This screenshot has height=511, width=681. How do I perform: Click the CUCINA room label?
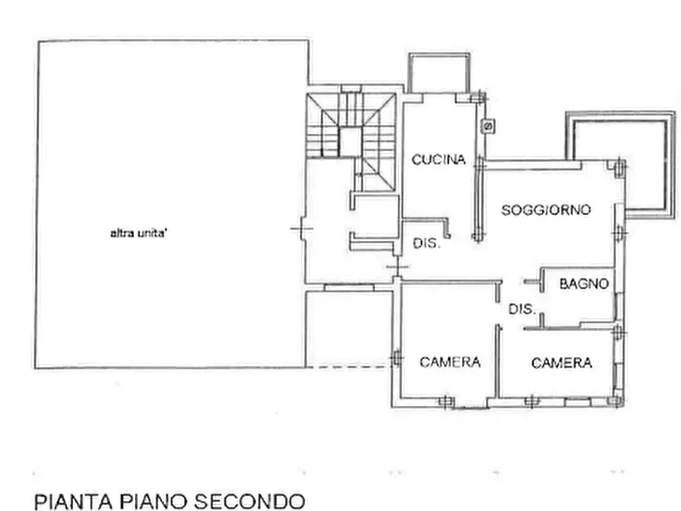coord(438,160)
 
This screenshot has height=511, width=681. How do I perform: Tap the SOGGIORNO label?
coord(545,211)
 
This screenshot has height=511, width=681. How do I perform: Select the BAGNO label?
coord(584,284)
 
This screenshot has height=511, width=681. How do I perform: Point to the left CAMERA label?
coord(450,362)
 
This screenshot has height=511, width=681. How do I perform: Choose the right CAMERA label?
coord(561,363)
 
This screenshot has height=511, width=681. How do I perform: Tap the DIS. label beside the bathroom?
coord(524,310)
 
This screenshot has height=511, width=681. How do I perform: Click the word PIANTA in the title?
coord(73,501)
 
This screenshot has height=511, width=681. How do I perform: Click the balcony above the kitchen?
coord(438,73)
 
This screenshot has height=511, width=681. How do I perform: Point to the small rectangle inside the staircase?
coord(349,142)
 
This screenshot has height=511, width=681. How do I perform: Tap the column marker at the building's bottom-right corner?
coord(618,399)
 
